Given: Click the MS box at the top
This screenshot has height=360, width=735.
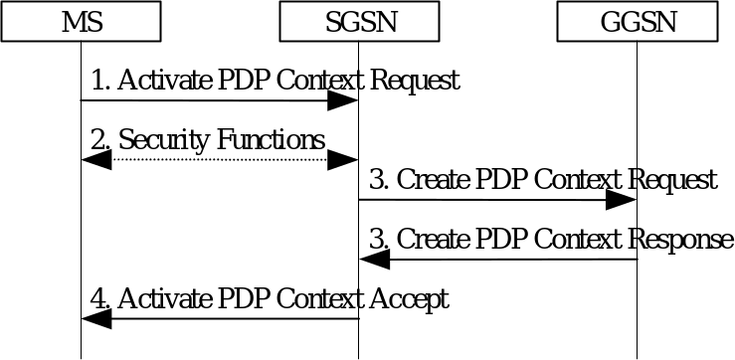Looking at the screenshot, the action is (x=81, y=21).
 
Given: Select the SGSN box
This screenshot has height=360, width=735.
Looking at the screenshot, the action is (x=359, y=21).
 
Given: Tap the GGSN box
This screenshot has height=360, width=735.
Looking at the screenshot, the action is (x=637, y=21).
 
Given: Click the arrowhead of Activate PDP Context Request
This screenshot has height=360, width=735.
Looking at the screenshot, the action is (x=344, y=100).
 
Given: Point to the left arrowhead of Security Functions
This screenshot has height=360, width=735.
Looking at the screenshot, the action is (x=95, y=159).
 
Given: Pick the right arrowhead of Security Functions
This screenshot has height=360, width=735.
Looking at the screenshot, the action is (x=344, y=159).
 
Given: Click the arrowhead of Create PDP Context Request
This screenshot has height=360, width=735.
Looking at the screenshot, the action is (x=622, y=200).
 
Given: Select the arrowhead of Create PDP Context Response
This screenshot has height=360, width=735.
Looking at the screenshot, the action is (x=373, y=260).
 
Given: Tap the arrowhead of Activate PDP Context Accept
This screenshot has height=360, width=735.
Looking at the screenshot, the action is (x=95, y=319).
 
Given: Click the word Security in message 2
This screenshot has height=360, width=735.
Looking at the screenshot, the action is (x=157, y=140).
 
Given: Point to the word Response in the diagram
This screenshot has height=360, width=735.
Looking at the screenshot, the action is (x=681, y=240).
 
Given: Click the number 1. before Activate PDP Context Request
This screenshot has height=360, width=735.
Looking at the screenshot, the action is (x=99, y=81).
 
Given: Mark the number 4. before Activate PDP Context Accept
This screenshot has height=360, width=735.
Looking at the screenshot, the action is (x=99, y=298).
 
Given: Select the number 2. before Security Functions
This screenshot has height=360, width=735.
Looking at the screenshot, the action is (x=99, y=140).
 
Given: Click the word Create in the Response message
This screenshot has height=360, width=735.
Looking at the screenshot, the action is (x=432, y=240).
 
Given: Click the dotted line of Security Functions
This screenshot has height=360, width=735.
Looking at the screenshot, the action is (x=219, y=159).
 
